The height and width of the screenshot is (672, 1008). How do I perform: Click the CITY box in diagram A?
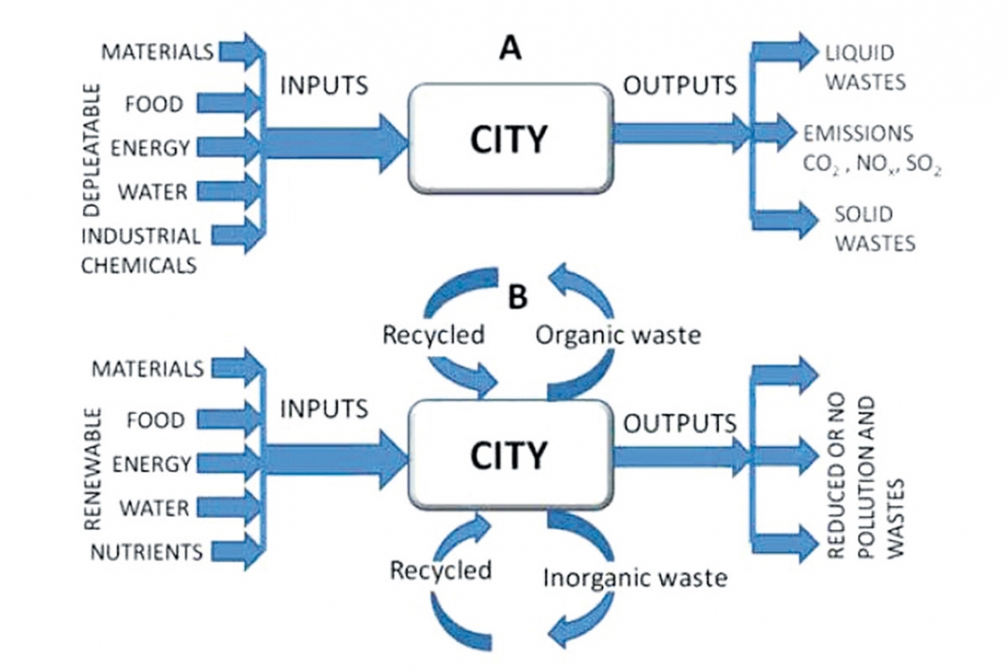pos(510,138)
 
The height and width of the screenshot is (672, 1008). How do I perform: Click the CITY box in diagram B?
pos(510,455)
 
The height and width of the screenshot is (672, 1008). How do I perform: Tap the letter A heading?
pos(511,49)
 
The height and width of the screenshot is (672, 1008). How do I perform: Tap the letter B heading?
pos(517,297)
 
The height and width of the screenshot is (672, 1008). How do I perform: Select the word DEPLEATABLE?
pos(93,149)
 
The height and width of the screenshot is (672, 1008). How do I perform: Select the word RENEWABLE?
pos(93,468)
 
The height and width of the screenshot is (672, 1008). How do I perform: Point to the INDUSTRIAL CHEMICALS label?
pos(140,250)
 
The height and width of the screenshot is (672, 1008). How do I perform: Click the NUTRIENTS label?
pos(147,551)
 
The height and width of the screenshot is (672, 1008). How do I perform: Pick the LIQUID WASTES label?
pos(865,66)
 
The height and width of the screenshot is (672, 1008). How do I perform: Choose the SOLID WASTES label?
pos(874,229)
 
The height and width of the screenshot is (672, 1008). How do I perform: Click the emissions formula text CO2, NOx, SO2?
pos(872,165)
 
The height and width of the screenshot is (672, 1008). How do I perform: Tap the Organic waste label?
pos(618,335)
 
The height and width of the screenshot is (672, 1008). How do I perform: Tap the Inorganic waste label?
pos(635,578)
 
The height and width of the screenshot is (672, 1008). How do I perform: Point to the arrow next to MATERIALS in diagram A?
pos(241,51)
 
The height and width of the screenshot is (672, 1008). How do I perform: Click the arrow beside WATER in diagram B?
pos(229,508)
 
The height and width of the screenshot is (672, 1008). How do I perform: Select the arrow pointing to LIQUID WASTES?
pos(785,51)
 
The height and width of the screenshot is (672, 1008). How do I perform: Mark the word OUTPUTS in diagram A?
pos(680,85)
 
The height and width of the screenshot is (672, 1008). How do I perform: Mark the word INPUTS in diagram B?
pos(324,408)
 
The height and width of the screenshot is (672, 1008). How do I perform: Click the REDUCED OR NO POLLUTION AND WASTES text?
pos(865,477)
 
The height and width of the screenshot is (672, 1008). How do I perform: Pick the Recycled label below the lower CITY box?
pos(441,570)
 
